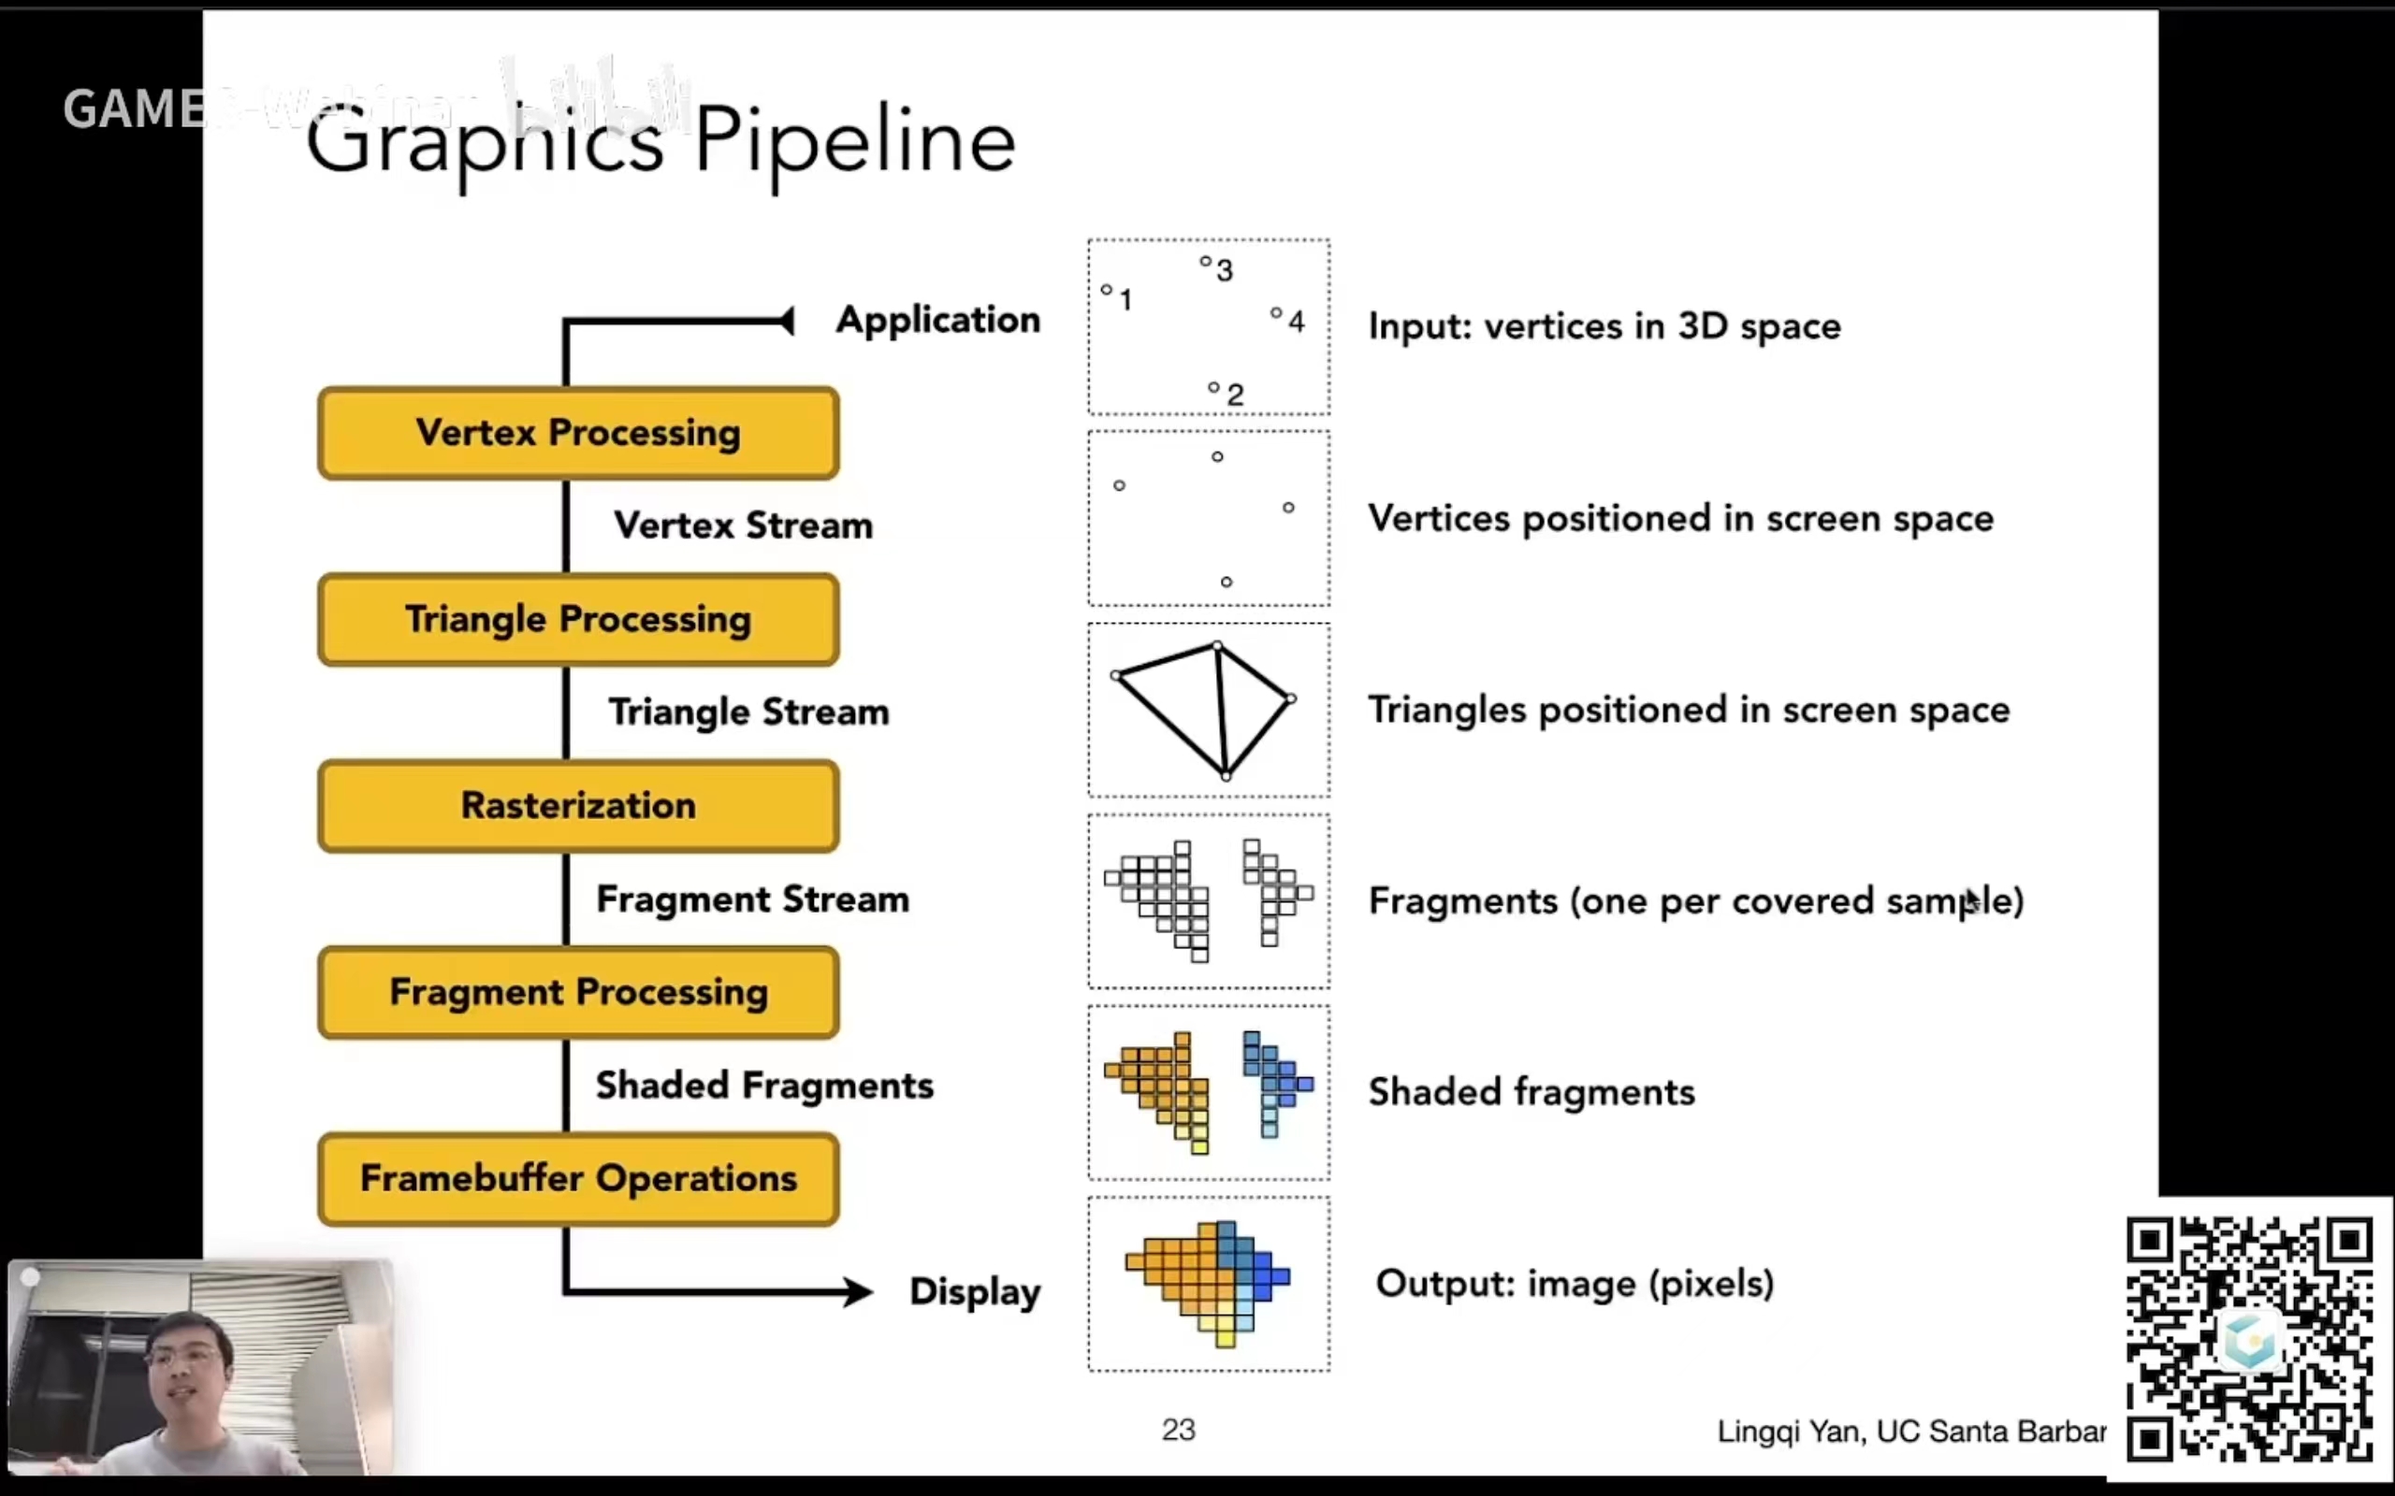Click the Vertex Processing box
pyautogui.click(x=578, y=433)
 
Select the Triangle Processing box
pyautogui.click(x=578, y=619)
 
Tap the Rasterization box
pyautogui.click(x=578, y=805)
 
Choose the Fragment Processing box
pyautogui.click(x=578, y=992)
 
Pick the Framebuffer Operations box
pyautogui.click(x=578, y=1178)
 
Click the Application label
pyautogui.click(x=937, y=320)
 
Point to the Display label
pyautogui.click(x=975, y=1291)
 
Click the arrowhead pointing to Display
pyautogui.click(x=857, y=1291)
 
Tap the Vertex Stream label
pyautogui.click(x=743, y=525)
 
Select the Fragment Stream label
pyautogui.click(x=752, y=899)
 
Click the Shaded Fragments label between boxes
pyautogui.click(x=764, y=1086)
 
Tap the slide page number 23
pyautogui.click(x=1178, y=1430)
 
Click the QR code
pyautogui.click(x=2248, y=1339)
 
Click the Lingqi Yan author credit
pyautogui.click(x=1910, y=1431)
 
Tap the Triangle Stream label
pyautogui.click(x=748, y=712)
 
